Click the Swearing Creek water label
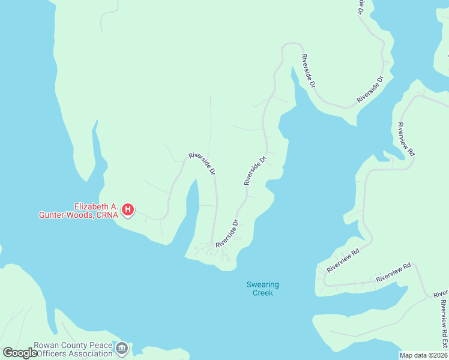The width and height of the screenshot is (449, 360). coord(262,289)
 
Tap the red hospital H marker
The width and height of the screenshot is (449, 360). coord(128,209)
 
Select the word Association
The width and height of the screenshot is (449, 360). coord(89,354)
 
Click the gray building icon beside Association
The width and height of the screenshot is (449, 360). coord(122,348)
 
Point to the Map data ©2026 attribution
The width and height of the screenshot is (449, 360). coord(423,355)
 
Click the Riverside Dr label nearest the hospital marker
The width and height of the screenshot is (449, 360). coord(202,163)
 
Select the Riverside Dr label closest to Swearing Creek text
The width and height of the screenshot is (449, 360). coord(228,233)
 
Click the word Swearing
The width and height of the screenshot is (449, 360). coord(262,284)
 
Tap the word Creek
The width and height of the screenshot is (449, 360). coord(262,293)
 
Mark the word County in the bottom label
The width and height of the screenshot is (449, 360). coord(74,346)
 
